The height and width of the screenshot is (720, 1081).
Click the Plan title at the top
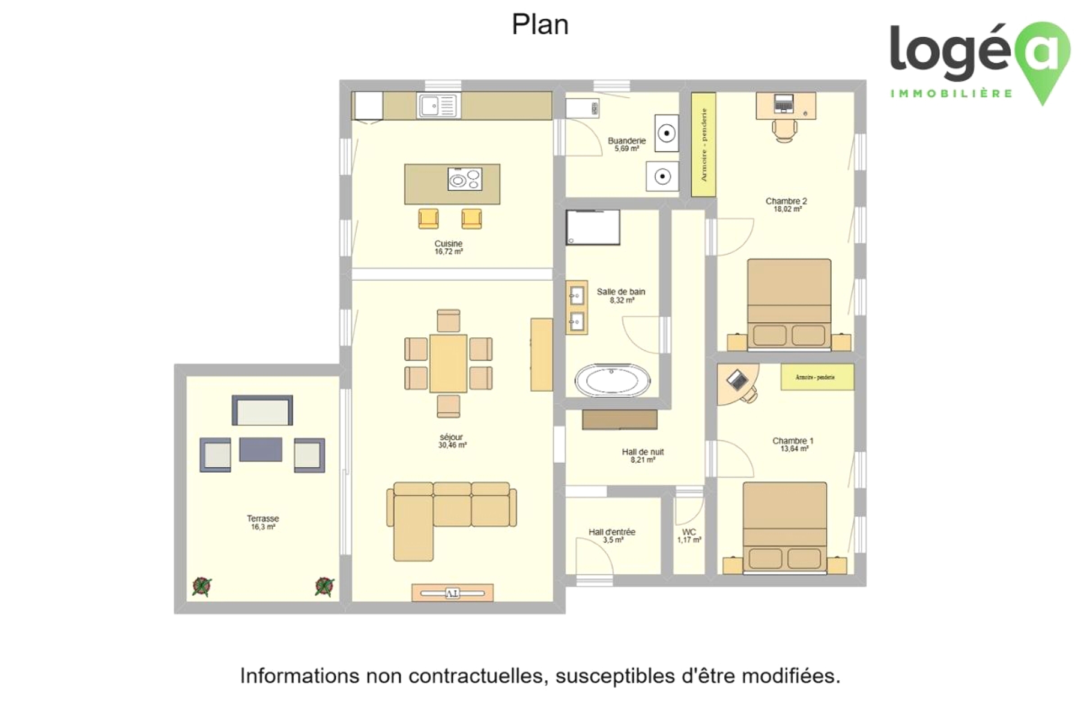(x=540, y=25)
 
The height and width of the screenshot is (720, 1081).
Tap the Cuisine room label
(x=449, y=244)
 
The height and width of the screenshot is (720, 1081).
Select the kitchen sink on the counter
(x=438, y=106)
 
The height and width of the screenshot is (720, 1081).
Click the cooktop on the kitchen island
(x=465, y=179)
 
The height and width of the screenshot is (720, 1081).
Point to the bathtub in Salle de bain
(x=612, y=380)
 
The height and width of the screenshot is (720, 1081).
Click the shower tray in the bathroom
(x=593, y=227)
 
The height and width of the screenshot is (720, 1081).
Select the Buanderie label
(x=626, y=141)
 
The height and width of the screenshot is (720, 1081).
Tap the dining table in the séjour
(x=448, y=364)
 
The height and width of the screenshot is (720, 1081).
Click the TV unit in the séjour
(x=452, y=593)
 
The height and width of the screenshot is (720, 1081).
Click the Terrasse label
(x=263, y=518)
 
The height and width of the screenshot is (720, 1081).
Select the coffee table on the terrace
(x=261, y=449)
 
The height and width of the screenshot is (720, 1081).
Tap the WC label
(x=689, y=532)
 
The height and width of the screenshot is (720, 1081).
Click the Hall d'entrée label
(x=612, y=532)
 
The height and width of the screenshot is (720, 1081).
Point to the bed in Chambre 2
(x=789, y=305)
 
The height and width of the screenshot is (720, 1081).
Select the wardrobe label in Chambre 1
(x=815, y=377)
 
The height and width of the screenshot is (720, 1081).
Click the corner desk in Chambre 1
(x=736, y=385)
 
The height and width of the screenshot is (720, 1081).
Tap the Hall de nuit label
(x=643, y=452)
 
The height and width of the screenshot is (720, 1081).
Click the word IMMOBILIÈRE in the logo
(x=951, y=94)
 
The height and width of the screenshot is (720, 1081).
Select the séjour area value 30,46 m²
(x=452, y=445)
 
